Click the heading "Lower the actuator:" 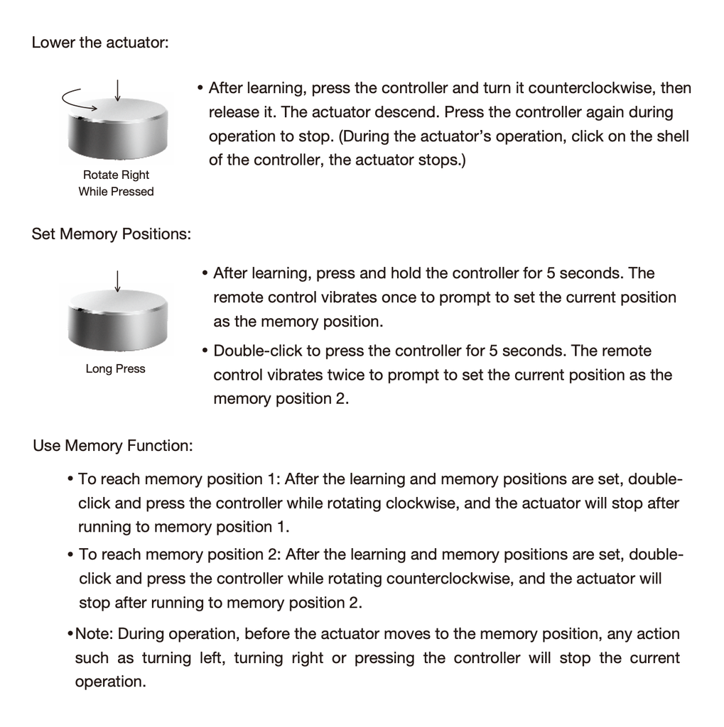tap(100, 43)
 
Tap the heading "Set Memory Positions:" tap(112, 234)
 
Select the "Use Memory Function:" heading tap(113, 446)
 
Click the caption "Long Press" tap(115, 368)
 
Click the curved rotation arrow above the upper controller tap(78, 99)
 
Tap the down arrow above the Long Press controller tap(117, 280)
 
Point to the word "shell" tap(672, 136)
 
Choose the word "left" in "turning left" tap(205, 657)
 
